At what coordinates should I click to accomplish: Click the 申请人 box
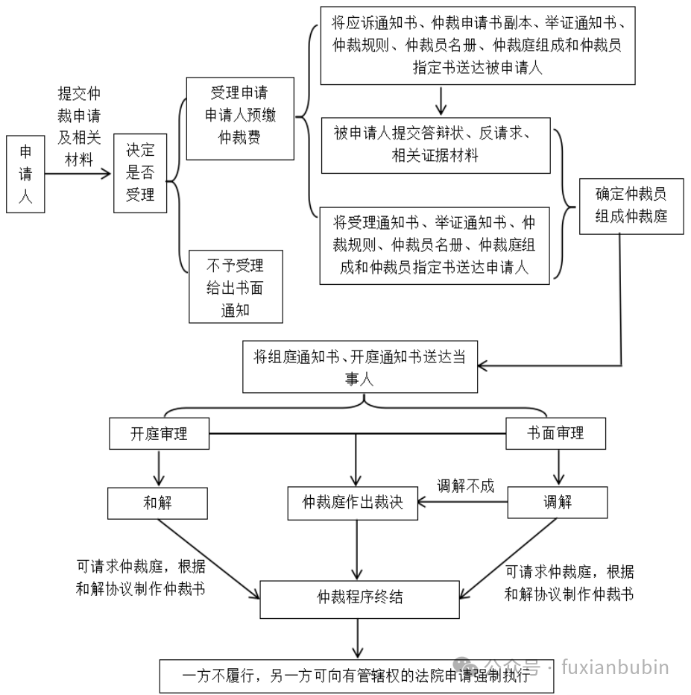click(x=25, y=174)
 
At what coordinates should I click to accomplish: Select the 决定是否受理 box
click(x=139, y=174)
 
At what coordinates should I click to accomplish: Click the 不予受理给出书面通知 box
click(x=236, y=286)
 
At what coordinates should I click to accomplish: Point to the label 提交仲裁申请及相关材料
click(x=80, y=128)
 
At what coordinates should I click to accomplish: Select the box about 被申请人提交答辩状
click(x=435, y=145)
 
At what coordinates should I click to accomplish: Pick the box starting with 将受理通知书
click(x=435, y=245)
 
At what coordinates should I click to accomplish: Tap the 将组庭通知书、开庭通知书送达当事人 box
click(x=361, y=367)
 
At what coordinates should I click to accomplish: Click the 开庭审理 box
click(x=159, y=434)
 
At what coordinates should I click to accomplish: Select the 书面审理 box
click(x=555, y=434)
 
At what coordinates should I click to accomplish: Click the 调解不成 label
click(x=465, y=486)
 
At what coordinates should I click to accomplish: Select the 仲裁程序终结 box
click(x=359, y=597)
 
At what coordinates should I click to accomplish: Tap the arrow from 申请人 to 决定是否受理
click(x=78, y=174)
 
